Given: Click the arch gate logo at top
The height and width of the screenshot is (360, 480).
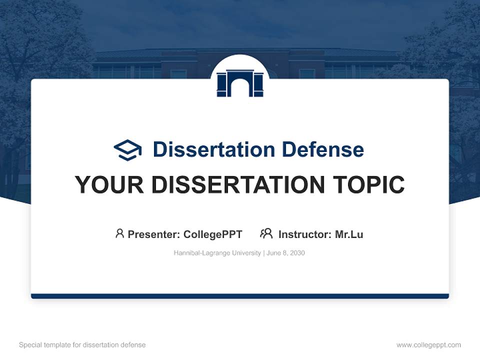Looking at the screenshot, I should [x=240, y=82].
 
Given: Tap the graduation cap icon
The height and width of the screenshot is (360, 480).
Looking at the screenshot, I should [x=127, y=150].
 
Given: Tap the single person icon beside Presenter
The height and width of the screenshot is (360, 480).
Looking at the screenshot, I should [x=119, y=233].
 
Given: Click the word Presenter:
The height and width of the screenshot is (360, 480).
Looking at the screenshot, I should [x=153, y=234].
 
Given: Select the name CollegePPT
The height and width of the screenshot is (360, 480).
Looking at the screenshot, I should [x=212, y=234].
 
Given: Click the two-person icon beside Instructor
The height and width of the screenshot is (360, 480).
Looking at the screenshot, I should [x=266, y=233].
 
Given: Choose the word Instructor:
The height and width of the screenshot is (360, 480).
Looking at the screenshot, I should [x=304, y=234].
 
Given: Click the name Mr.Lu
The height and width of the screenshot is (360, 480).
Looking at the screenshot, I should [x=349, y=234].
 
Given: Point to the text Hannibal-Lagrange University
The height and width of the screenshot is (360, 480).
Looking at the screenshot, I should [x=217, y=253].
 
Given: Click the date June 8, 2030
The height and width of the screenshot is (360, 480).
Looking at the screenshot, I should [x=285, y=253].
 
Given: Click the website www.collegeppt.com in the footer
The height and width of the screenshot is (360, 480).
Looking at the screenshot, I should [x=428, y=345].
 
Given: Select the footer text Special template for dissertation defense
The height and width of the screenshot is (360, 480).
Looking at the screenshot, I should [x=82, y=345].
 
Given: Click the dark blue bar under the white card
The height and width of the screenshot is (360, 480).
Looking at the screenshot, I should [x=240, y=296].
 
